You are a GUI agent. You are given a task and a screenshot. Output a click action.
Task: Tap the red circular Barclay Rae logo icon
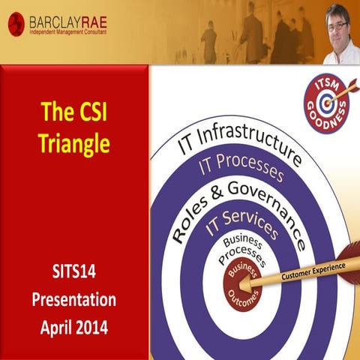click(x=16, y=25)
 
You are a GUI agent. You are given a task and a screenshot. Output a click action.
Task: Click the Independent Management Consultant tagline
click(x=67, y=32)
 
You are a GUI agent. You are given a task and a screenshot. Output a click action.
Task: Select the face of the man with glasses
click(x=336, y=26)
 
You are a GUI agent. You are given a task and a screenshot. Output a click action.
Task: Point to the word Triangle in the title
click(x=75, y=142)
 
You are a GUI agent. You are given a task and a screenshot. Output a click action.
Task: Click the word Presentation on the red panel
click(x=73, y=300)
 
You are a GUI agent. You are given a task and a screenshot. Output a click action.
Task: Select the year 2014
click(x=93, y=327)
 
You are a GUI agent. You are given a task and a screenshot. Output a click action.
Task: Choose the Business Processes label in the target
click(x=241, y=250)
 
